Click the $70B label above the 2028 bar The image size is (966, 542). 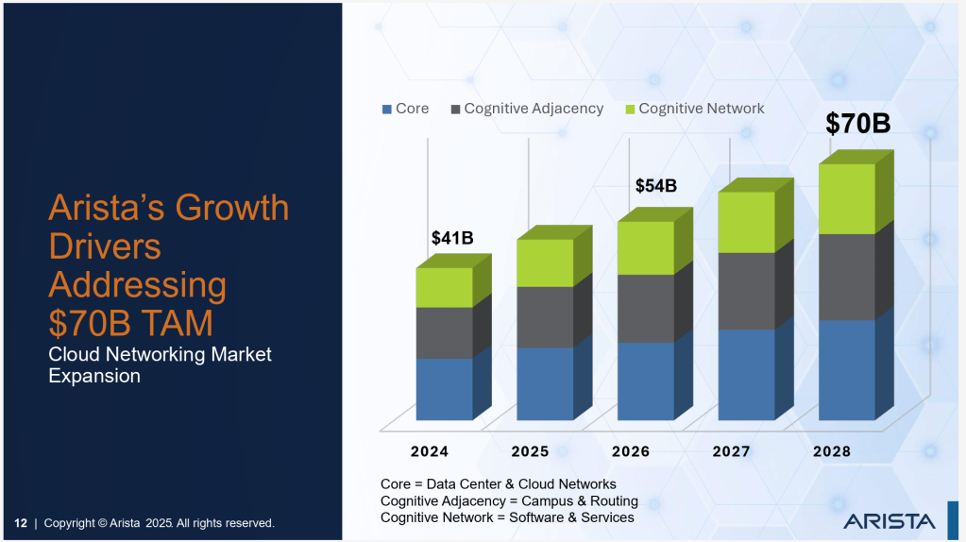point(857,124)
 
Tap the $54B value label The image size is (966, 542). point(655,186)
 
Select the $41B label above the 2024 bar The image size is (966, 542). point(451,238)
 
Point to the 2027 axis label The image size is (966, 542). point(731,451)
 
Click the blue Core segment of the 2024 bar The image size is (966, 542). point(444,388)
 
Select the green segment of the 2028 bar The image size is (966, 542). point(846,198)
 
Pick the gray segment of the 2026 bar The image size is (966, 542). point(645,308)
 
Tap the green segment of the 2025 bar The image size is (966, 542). point(545,263)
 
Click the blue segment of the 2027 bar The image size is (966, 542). point(746,374)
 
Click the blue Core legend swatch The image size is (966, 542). point(386,110)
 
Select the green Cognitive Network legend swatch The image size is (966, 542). point(630,110)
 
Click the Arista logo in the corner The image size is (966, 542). point(889,520)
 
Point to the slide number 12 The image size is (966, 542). point(20,523)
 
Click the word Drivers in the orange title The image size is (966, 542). point(105,246)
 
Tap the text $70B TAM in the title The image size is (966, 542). point(130,323)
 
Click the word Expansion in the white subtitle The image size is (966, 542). point(94,376)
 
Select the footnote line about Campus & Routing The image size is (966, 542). point(509,500)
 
